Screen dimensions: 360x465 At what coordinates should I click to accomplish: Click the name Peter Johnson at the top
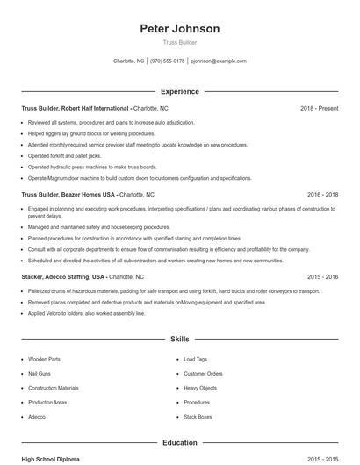click(180, 29)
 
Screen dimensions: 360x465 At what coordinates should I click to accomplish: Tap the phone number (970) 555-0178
click(168, 61)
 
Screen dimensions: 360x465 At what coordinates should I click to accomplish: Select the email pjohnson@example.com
click(219, 61)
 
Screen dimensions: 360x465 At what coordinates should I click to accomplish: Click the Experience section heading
click(180, 91)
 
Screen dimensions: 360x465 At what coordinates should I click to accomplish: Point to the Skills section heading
click(180, 338)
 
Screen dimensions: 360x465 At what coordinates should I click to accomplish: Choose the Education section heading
click(180, 443)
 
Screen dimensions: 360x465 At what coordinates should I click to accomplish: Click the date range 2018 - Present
click(320, 108)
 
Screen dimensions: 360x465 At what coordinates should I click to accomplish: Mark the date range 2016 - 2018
click(323, 194)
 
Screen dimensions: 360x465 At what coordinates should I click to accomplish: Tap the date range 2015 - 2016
click(323, 276)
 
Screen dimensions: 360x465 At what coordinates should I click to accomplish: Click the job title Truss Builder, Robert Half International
click(76, 108)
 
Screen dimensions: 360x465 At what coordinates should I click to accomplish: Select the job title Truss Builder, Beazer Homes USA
click(68, 194)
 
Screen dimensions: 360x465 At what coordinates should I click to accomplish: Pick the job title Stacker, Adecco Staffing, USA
click(63, 276)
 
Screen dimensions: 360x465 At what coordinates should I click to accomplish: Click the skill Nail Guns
click(40, 374)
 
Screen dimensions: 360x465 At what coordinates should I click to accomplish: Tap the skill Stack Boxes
click(198, 417)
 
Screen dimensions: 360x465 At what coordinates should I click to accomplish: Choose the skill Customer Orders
click(203, 374)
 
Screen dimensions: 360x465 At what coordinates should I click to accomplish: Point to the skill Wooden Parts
click(44, 359)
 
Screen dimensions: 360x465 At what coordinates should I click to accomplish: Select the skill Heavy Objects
click(200, 388)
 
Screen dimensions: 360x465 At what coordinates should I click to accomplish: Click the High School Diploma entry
click(51, 459)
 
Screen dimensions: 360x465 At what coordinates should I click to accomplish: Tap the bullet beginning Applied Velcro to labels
click(87, 313)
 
